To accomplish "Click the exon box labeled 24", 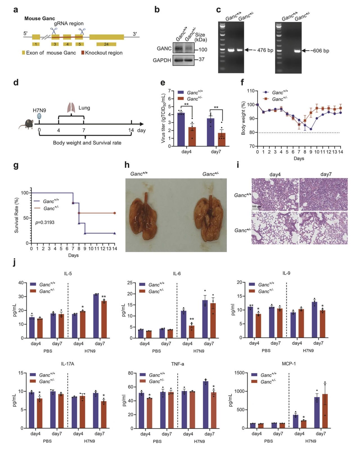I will (x=106, y=44).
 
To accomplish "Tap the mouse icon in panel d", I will (x=27, y=124).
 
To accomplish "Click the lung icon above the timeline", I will (x=71, y=108).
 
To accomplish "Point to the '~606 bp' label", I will (x=320, y=51).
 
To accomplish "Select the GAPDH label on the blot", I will (x=162, y=60).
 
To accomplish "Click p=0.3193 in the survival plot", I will (x=45, y=222).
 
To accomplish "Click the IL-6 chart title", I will (x=177, y=274).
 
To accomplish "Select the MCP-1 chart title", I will (x=289, y=364).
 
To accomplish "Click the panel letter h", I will (x=127, y=165).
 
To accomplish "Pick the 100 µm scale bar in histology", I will (x=256, y=208).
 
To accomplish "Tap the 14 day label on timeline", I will (x=131, y=130).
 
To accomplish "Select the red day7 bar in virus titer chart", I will (x=222, y=139).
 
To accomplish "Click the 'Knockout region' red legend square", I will (x=83, y=53).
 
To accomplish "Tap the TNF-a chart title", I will (x=177, y=364).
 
